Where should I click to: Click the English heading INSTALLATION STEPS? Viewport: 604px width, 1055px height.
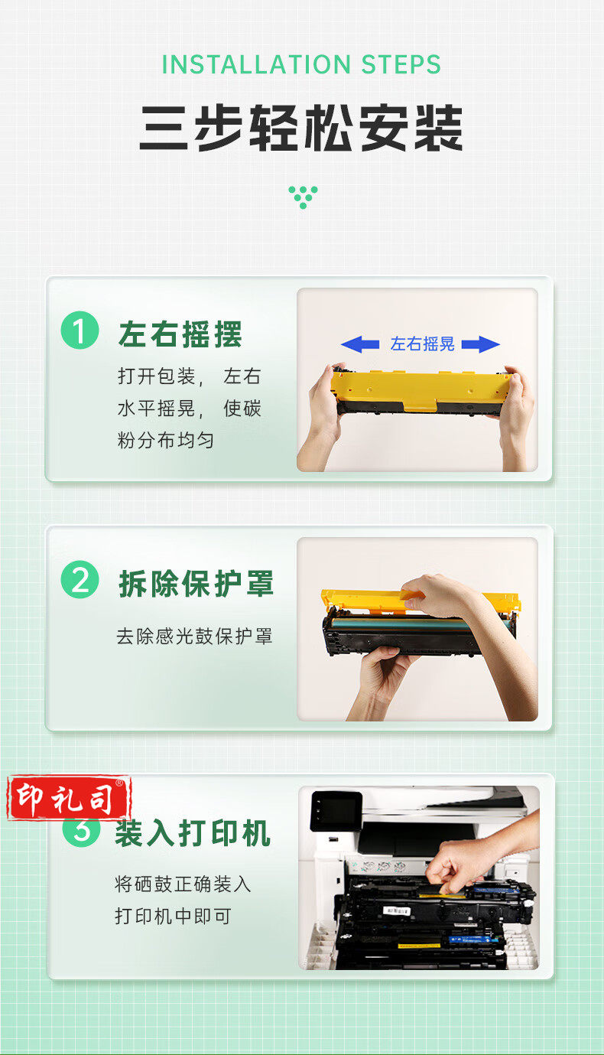(x=301, y=64)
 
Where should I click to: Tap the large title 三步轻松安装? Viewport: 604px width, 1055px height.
(x=301, y=128)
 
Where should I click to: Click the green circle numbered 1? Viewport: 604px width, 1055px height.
(x=80, y=330)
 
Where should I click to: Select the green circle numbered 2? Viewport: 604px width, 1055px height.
(x=80, y=579)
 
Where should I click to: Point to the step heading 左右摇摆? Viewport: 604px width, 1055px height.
(x=180, y=334)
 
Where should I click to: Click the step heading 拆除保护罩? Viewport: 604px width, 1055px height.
(x=196, y=584)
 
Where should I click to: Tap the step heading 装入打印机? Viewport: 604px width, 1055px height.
(x=193, y=833)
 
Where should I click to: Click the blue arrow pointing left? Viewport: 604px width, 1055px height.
(x=360, y=344)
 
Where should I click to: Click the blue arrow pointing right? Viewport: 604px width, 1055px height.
(x=481, y=344)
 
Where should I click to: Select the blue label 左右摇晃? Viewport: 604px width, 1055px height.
(x=422, y=344)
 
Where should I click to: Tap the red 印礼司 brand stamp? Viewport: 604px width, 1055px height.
(x=69, y=798)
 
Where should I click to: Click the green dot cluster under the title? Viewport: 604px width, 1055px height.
(x=304, y=197)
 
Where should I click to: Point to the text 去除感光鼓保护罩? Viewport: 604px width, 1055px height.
(x=194, y=637)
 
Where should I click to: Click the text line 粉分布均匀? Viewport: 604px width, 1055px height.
(x=166, y=441)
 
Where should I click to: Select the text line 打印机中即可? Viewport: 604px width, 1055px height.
(x=174, y=916)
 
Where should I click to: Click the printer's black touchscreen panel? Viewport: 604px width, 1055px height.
(x=336, y=810)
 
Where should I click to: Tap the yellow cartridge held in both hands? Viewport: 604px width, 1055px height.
(x=420, y=392)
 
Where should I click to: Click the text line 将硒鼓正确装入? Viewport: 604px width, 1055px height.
(x=183, y=884)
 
